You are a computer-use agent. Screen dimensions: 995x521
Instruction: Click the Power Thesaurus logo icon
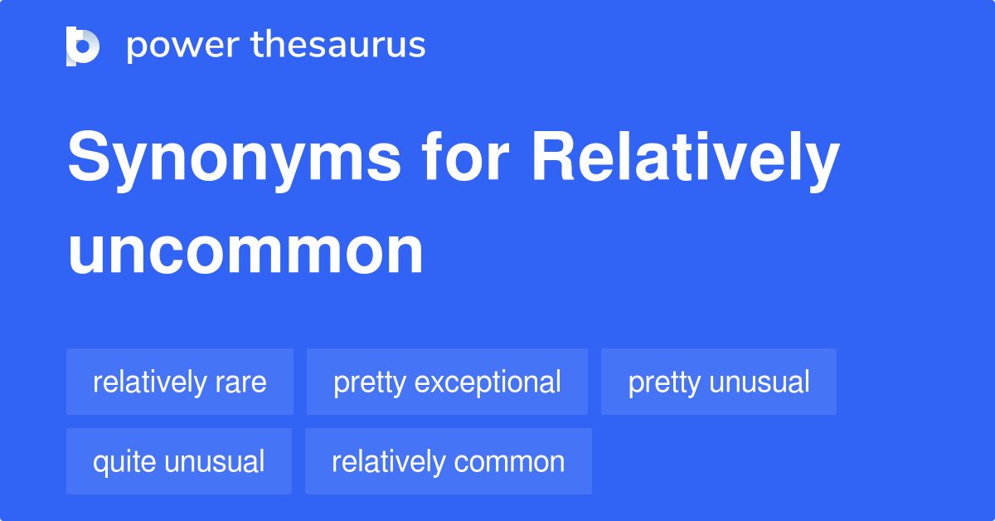coord(83,46)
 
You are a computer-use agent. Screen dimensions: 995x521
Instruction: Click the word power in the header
coord(183,46)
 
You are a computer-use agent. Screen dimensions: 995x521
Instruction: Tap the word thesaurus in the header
coord(338,44)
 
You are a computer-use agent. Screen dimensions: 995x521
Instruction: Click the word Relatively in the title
coord(686,160)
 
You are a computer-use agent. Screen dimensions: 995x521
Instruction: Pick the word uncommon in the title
coord(245,251)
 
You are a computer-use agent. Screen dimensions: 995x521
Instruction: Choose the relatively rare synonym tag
coord(180,382)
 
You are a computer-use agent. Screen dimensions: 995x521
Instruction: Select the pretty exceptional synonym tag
coord(447,382)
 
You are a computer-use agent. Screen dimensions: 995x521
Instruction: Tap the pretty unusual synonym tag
coord(719,382)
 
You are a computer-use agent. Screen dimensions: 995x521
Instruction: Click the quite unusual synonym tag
coord(179,461)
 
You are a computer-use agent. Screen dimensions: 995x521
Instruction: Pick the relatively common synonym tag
coord(449,461)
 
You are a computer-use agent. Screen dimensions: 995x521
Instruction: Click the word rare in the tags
coord(240,383)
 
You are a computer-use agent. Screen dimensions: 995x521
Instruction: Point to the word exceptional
coord(488,383)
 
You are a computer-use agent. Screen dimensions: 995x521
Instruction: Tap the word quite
coord(124,463)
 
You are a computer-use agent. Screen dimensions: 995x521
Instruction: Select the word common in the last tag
coord(509,463)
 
